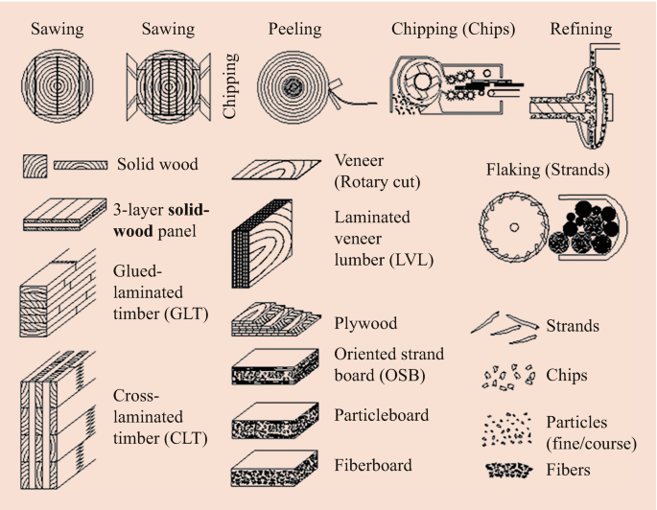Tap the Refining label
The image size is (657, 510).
coord(581,30)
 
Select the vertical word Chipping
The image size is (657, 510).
coord(230,87)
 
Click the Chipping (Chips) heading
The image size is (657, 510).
coord(453,30)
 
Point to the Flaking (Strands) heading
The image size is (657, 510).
coord(550,172)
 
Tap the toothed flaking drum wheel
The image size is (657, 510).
coord(515,229)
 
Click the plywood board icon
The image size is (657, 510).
coord(275,322)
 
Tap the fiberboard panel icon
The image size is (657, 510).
coord(275,466)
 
